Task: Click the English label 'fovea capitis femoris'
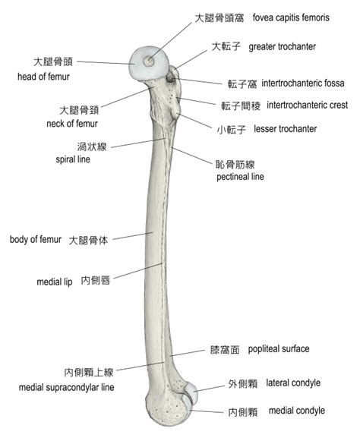[291, 18]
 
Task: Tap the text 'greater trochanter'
[282, 47]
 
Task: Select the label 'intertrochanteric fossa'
[303, 83]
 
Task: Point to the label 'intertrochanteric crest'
[308, 105]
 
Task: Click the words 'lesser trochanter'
[285, 129]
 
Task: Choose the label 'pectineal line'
[240, 177]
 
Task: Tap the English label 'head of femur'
[43, 77]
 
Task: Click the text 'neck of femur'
[72, 124]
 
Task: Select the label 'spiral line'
[73, 159]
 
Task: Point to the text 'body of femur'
[36, 239]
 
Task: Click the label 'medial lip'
[55, 282]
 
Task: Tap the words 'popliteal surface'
[279, 349]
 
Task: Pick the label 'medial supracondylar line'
[66, 387]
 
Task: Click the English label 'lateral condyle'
[293, 383]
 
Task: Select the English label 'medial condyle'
[297, 411]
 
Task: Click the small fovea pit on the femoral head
[148, 61]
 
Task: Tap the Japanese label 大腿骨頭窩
[219, 18]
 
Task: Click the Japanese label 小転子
[232, 130]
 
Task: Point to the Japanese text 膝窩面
[225, 350]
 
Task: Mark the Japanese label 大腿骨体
[88, 241]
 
